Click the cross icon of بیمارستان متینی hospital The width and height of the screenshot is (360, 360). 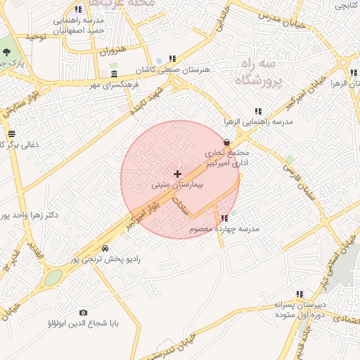pyautogui.click(x=177, y=174)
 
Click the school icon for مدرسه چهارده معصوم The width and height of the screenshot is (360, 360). pyautogui.click(x=224, y=219)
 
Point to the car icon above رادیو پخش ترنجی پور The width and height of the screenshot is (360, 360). pyautogui.click(x=105, y=248)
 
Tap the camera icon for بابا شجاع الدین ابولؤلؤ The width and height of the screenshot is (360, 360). pyautogui.click(x=84, y=312)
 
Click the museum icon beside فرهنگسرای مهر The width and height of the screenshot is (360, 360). pyautogui.click(x=115, y=75)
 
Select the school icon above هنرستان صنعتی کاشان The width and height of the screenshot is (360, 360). pyautogui.click(x=172, y=59)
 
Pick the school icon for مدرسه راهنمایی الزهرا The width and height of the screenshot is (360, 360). pyautogui.click(x=259, y=111)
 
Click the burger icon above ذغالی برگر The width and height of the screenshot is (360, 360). pyautogui.click(x=11, y=134)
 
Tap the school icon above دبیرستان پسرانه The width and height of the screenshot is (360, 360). pyautogui.click(x=300, y=294)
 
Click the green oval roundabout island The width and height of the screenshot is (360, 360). pyautogui.click(x=53, y=278)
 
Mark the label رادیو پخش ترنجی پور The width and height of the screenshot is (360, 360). pyautogui.click(x=108, y=259)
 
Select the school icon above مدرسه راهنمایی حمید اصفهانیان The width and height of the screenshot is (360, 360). pyautogui.click(x=77, y=10)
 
